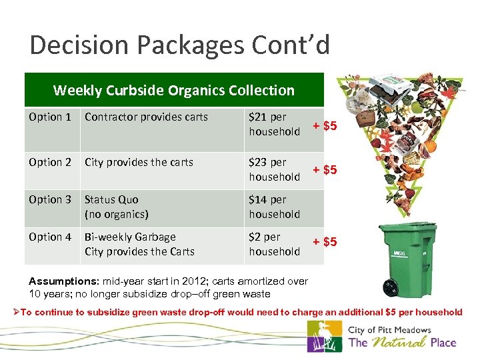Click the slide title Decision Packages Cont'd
[x=179, y=45]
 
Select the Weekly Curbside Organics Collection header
[x=173, y=90]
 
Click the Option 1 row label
[x=50, y=117]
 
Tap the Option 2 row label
[x=50, y=163]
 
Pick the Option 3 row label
[x=50, y=200]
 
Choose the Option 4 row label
[x=50, y=237]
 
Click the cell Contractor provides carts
[x=146, y=117]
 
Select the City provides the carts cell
[x=139, y=163]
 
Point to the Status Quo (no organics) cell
[x=117, y=207]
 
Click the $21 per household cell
[x=274, y=124]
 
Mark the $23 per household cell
[x=274, y=169]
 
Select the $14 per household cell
[x=274, y=207]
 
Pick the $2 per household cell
[x=274, y=244]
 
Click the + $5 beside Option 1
[x=325, y=126]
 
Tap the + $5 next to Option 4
[x=325, y=242]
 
